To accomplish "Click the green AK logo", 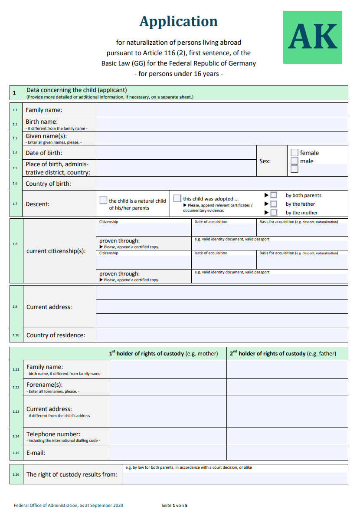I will (x=312, y=37).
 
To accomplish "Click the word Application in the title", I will (x=178, y=21).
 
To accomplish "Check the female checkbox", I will (x=295, y=153).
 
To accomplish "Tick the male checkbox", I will (x=295, y=161).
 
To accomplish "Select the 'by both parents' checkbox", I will (x=274, y=195).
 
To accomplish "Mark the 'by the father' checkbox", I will (x=274, y=204).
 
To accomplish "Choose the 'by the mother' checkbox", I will (x=274, y=213).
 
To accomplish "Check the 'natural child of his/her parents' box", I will (x=103, y=200).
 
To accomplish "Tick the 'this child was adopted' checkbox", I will (x=177, y=198).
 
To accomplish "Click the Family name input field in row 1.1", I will (x=222, y=110).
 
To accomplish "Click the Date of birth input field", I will (x=176, y=153).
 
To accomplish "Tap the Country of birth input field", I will (x=222, y=184).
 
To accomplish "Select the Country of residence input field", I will (x=222, y=335).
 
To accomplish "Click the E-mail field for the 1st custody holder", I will (x=167, y=453).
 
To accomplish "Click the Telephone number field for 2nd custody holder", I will (x=287, y=436).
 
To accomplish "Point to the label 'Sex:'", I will (x=265, y=161).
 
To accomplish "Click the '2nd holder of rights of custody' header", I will (x=283, y=353).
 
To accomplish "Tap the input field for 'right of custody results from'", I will (x=235, y=477).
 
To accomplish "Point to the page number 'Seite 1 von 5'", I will (x=174, y=505).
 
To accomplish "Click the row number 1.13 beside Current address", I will (x=16, y=411).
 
